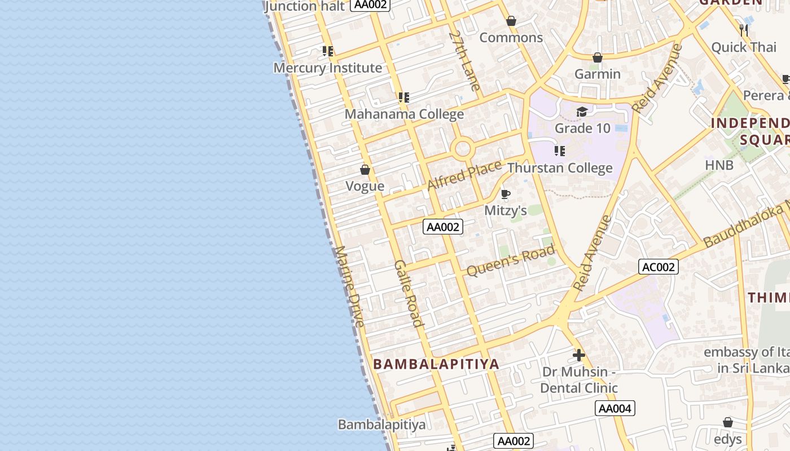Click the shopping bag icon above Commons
coord(511,21)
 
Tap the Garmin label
coord(598,74)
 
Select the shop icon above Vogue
coord(365,170)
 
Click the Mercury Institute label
coord(327,68)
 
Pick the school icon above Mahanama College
coord(403,98)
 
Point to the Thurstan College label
coord(559,168)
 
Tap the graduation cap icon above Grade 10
coord(582,112)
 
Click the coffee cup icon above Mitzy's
coord(505,194)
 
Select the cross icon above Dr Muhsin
coord(578,355)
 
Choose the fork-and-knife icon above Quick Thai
coord(744,30)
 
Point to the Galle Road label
coord(409,293)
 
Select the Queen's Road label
coord(511,261)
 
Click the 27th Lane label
coord(465,61)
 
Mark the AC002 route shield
coord(658,267)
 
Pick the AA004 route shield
coord(615,408)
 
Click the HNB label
coord(719,165)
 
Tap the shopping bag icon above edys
coord(728,422)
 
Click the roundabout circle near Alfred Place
coord(462,149)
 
